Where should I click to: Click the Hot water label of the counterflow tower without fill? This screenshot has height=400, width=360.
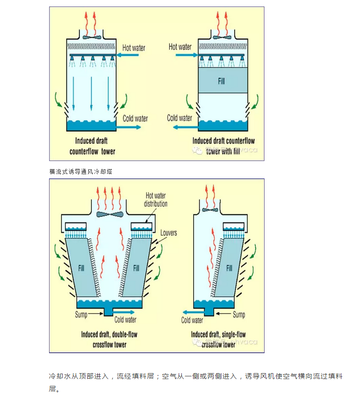tap(134, 47)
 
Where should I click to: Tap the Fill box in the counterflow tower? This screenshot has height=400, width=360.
tap(223, 81)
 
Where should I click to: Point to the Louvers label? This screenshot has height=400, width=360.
tap(169, 233)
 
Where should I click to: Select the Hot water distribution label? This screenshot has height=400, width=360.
tap(155, 199)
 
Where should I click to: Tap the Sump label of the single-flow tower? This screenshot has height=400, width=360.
tap(239, 314)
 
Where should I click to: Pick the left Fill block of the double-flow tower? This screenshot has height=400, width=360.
tap(82, 268)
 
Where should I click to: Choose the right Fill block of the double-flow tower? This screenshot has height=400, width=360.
tap(136, 268)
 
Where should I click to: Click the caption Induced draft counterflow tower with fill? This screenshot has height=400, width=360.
tap(223, 146)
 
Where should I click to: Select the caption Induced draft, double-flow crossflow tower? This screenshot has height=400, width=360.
tap(109, 339)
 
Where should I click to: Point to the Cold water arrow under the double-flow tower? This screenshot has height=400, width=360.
tap(125, 313)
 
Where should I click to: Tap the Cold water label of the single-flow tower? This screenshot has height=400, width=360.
tap(192, 320)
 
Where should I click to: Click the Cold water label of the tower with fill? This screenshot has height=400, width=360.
tap(179, 118)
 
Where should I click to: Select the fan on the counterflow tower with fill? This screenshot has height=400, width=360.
tap(223, 37)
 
